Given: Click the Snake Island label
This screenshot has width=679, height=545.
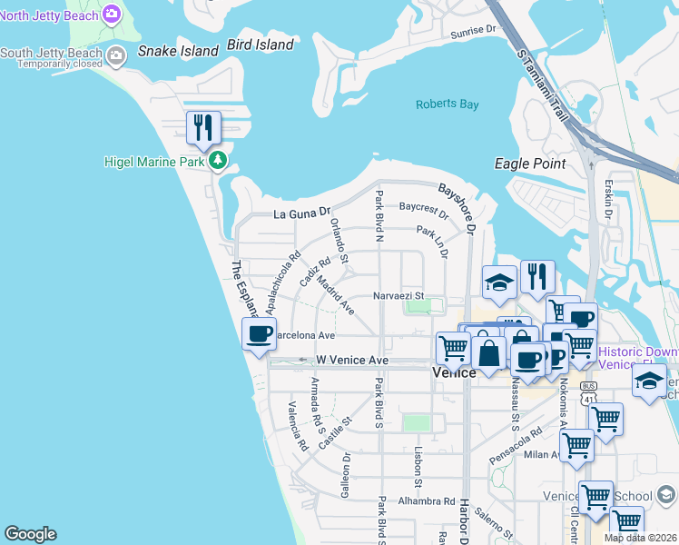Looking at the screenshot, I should pyautogui.click(x=178, y=51).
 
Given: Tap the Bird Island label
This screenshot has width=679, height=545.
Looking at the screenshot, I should pyautogui.click(x=261, y=45).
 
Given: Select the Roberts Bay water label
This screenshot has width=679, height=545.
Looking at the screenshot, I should pyautogui.click(x=447, y=104).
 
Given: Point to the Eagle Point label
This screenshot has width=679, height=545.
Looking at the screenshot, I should pyautogui.click(x=530, y=163).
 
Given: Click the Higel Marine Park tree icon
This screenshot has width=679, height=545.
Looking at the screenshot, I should pyautogui.click(x=218, y=161).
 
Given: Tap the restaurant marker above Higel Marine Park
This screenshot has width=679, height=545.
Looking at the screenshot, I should pyautogui.click(x=203, y=127).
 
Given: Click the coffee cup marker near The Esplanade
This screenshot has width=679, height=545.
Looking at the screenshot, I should pyautogui.click(x=259, y=333).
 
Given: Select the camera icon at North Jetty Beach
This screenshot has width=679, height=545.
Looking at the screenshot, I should pyautogui.click(x=112, y=14).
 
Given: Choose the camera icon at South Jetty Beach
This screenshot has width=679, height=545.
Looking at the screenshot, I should pyautogui.click(x=116, y=56).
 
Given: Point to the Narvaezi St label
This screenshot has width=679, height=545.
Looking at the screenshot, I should pyautogui.click(x=399, y=295).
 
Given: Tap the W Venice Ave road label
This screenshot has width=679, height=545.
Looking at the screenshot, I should pyautogui.click(x=352, y=361).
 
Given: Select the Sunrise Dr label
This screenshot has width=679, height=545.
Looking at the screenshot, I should pyautogui.click(x=473, y=30).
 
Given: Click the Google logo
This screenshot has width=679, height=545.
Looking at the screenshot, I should pyautogui.click(x=30, y=534).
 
